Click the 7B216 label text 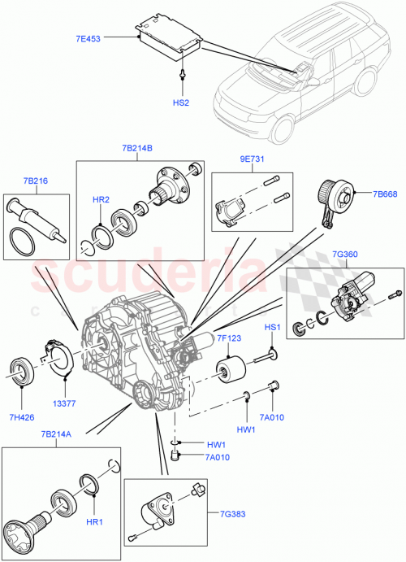(35, 181)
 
